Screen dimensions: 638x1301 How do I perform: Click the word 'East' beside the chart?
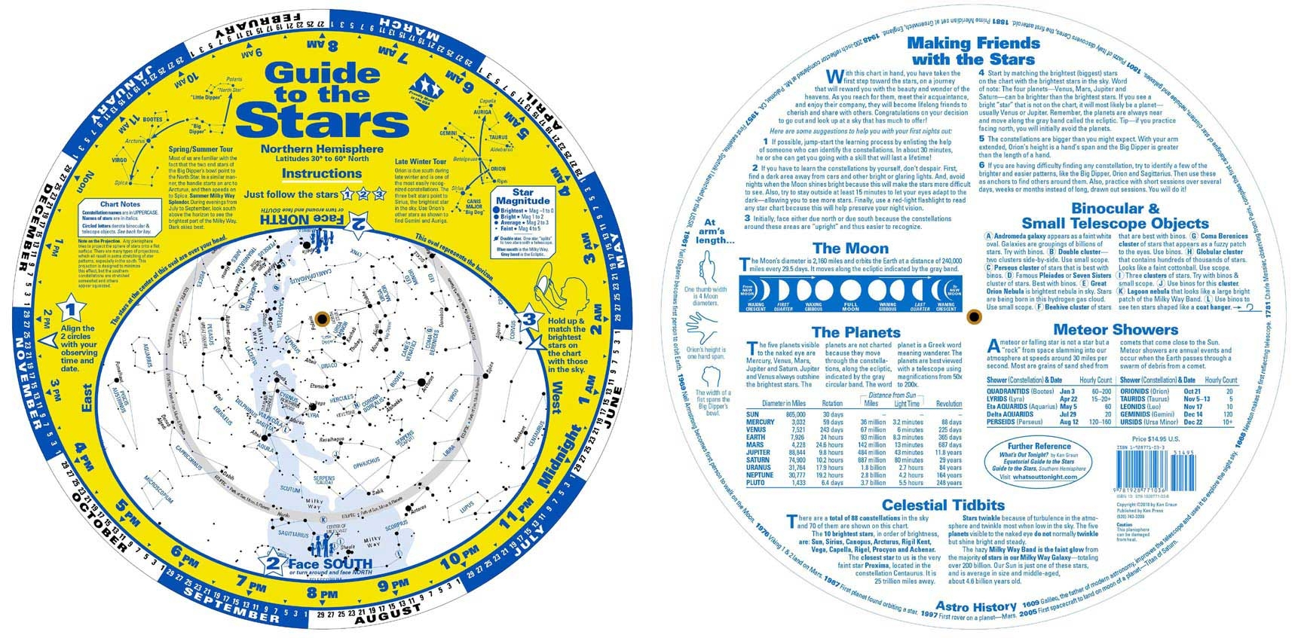pos(87,398)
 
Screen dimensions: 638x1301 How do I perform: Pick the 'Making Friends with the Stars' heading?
pos(974,50)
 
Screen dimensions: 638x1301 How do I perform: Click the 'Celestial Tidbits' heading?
pos(943,505)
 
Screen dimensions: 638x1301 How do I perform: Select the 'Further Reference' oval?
pos(1042,462)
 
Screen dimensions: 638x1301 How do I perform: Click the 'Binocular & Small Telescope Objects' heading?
pos(1115,215)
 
